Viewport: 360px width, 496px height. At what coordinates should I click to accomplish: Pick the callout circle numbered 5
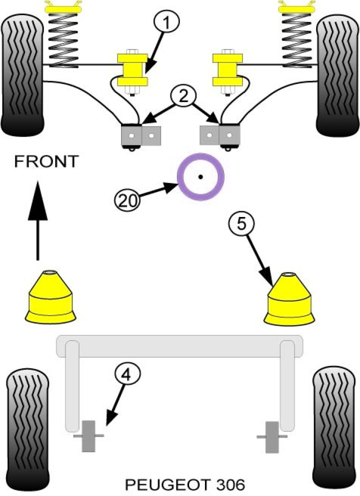pyautogui.click(x=241, y=223)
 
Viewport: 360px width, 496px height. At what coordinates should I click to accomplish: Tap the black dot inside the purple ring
pyautogui.click(x=199, y=176)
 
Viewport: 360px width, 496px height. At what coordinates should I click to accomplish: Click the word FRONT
pyautogui.click(x=46, y=161)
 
